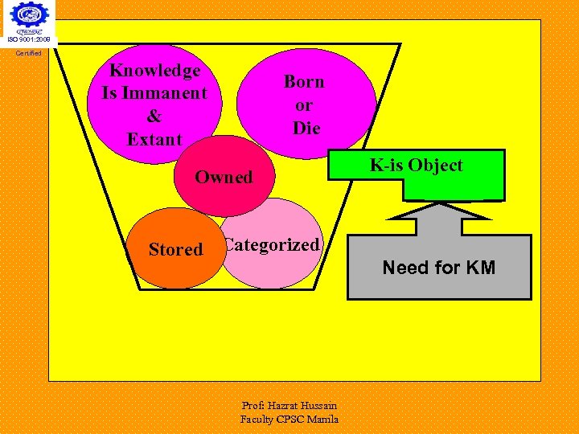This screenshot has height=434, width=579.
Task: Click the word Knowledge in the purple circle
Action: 154,71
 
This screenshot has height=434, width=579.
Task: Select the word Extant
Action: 154,139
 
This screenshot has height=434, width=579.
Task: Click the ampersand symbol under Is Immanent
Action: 154,116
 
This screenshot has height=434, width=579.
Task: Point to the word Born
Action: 304,81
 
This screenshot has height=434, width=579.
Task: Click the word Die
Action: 306,128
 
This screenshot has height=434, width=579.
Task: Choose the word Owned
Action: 224,177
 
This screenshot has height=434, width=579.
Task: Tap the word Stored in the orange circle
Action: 175,249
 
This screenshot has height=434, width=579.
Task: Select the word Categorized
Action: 272,245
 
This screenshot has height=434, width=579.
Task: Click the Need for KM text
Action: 438,268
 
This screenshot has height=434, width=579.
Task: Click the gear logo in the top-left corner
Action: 29,16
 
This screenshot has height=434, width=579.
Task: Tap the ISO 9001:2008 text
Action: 29,39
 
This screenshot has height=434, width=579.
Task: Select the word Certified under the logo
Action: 29,54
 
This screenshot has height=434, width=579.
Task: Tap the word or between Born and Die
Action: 304,104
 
